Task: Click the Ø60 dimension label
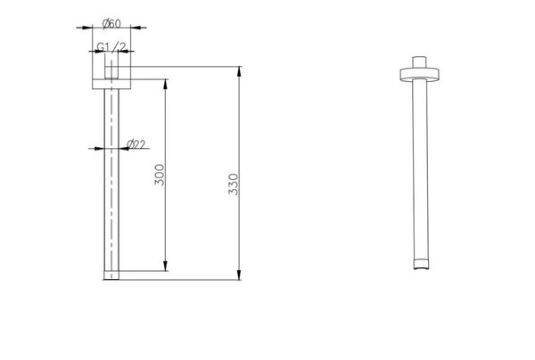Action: point(111,24)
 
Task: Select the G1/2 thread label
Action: point(111,46)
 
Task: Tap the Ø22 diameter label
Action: point(136,144)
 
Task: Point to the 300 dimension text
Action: point(160,175)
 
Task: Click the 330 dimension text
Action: point(234,184)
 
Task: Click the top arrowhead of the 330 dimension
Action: point(239,71)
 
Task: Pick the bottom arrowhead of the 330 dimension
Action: point(239,274)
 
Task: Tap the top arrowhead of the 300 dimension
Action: point(166,84)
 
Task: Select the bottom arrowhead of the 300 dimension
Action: point(166,266)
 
